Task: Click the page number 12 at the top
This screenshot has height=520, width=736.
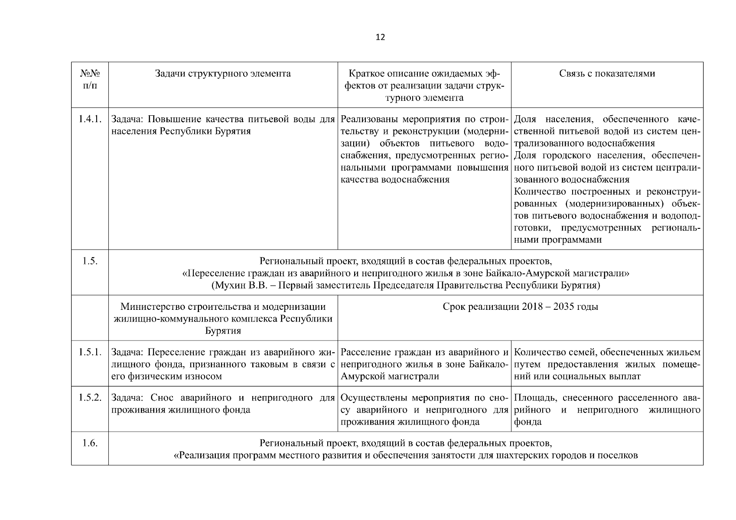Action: click(380, 37)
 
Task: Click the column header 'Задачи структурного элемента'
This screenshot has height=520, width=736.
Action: click(223, 74)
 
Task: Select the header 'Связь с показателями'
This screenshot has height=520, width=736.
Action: click(607, 74)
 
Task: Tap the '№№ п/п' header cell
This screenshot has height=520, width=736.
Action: click(90, 79)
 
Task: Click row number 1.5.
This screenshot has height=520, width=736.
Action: click(90, 261)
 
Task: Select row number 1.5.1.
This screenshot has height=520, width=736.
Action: click(90, 352)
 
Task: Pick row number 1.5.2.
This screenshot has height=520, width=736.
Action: click(90, 398)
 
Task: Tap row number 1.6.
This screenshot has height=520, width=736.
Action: click(90, 443)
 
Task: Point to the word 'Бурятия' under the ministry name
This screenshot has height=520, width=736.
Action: click(223, 331)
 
